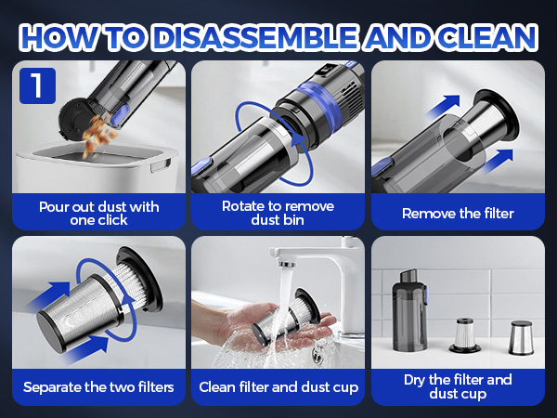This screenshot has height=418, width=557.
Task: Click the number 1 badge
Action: tap(37, 85)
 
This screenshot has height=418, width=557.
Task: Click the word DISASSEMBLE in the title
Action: tap(256, 37)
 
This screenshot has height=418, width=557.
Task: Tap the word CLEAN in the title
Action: tap(487, 37)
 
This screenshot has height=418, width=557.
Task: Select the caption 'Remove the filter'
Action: tap(458, 214)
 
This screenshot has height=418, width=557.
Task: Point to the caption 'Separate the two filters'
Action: tap(98, 387)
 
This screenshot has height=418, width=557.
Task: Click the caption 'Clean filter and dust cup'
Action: tap(278, 387)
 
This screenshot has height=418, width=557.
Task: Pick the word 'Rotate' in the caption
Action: tap(242, 206)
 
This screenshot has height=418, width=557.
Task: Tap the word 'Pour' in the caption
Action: tap(53, 207)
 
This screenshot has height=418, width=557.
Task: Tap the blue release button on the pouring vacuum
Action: tap(120, 115)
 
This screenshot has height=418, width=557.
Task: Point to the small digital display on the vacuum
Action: tap(326, 70)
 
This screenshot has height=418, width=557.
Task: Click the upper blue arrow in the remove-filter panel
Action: tap(444, 106)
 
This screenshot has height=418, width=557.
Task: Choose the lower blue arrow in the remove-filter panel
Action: tap(497, 161)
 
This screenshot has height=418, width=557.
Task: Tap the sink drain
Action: tap(317, 354)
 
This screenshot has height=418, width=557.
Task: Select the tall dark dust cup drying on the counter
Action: tap(409, 310)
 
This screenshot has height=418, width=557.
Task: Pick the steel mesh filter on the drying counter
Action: tap(521, 337)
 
